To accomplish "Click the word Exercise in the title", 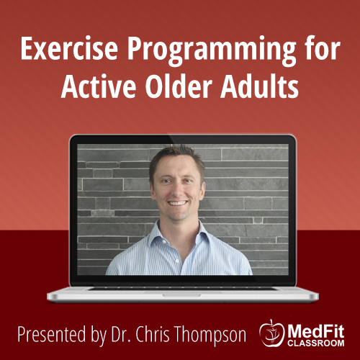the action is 69,48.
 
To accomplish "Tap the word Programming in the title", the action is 212,51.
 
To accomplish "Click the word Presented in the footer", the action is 52,334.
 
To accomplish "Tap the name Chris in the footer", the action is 153,333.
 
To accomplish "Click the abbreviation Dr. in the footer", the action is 122,334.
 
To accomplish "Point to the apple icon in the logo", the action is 271,333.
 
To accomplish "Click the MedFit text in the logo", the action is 316,331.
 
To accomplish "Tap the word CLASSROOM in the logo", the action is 316,343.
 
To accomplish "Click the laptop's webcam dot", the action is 183,139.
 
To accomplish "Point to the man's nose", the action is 177,189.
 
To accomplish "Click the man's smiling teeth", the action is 178,203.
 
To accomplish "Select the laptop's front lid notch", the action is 181,295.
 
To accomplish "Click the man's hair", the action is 176,157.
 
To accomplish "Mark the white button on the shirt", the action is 177,261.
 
